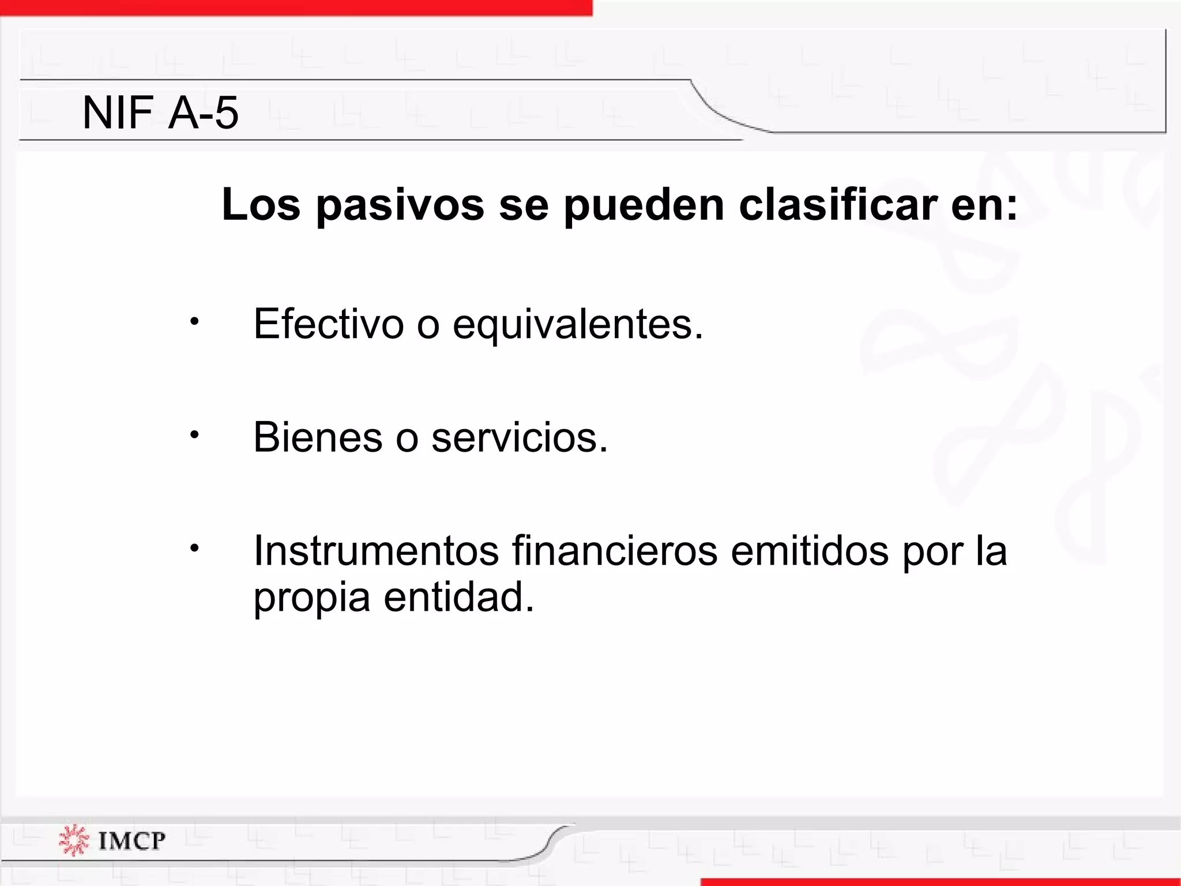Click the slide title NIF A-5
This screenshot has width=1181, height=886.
pyautogui.click(x=160, y=112)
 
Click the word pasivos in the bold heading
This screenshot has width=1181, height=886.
pyautogui.click(x=400, y=205)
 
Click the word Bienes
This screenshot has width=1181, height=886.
pyautogui.click(x=318, y=437)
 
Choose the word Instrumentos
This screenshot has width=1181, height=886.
pyautogui.click(x=376, y=551)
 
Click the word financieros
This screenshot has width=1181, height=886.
pyautogui.click(x=615, y=551)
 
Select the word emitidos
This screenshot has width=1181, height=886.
pyautogui.click(x=810, y=551)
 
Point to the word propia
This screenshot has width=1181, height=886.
pyautogui.click(x=311, y=599)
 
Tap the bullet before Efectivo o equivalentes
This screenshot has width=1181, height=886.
pyautogui.click(x=195, y=321)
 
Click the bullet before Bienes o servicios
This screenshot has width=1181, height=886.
pyautogui.click(x=195, y=434)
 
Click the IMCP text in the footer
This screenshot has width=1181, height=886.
pyautogui.click(x=131, y=840)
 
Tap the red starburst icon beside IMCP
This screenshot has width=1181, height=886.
pyautogui.click(x=74, y=840)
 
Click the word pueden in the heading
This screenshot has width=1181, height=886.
pyautogui.click(x=644, y=205)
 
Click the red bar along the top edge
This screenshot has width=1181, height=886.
pyautogui.click(x=295, y=7)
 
